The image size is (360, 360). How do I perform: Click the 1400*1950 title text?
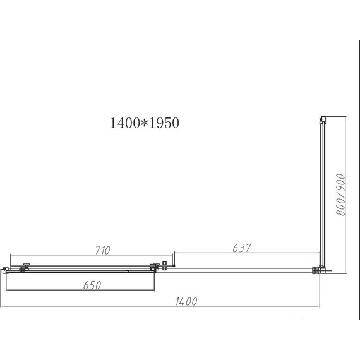point(145,124)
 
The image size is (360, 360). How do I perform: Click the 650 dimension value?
point(92,285)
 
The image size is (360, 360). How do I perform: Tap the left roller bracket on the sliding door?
point(25,267)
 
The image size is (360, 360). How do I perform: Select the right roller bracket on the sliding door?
point(153,267)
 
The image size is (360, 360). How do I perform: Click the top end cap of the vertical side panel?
point(322,118)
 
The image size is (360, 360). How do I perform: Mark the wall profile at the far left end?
point(4,270)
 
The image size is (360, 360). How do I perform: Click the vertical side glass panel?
point(322,189)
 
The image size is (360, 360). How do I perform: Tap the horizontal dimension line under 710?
point(82,257)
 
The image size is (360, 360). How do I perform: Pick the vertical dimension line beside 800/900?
point(346,196)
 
